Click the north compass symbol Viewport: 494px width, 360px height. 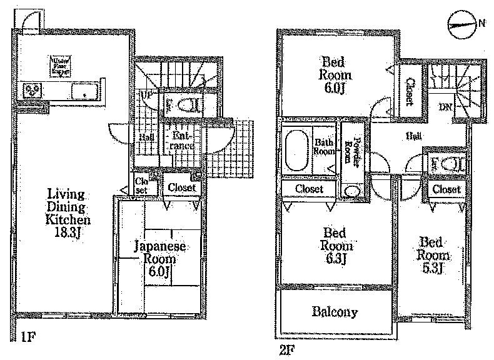(463, 24)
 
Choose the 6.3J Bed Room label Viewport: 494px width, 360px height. (336, 244)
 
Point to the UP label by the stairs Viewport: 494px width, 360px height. (148, 95)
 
